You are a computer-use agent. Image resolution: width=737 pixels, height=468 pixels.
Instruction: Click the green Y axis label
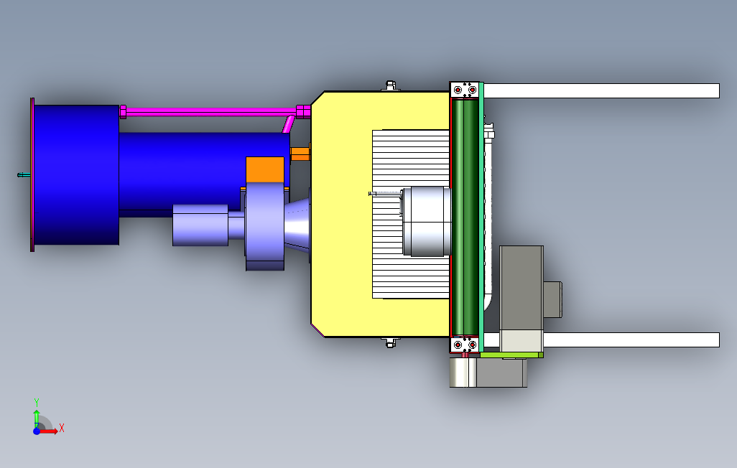[37, 402]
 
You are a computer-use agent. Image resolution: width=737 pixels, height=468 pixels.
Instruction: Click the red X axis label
[62, 428]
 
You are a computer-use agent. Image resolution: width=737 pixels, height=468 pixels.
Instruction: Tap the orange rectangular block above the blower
[265, 169]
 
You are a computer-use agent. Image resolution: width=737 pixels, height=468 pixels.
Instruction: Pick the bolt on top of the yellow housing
[390, 85]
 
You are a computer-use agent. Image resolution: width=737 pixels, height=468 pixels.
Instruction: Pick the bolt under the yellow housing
[390, 342]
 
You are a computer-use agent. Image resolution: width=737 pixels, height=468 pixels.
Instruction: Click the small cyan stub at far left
[24, 175]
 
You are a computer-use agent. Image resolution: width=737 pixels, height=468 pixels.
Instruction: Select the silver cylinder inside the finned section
[427, 221]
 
